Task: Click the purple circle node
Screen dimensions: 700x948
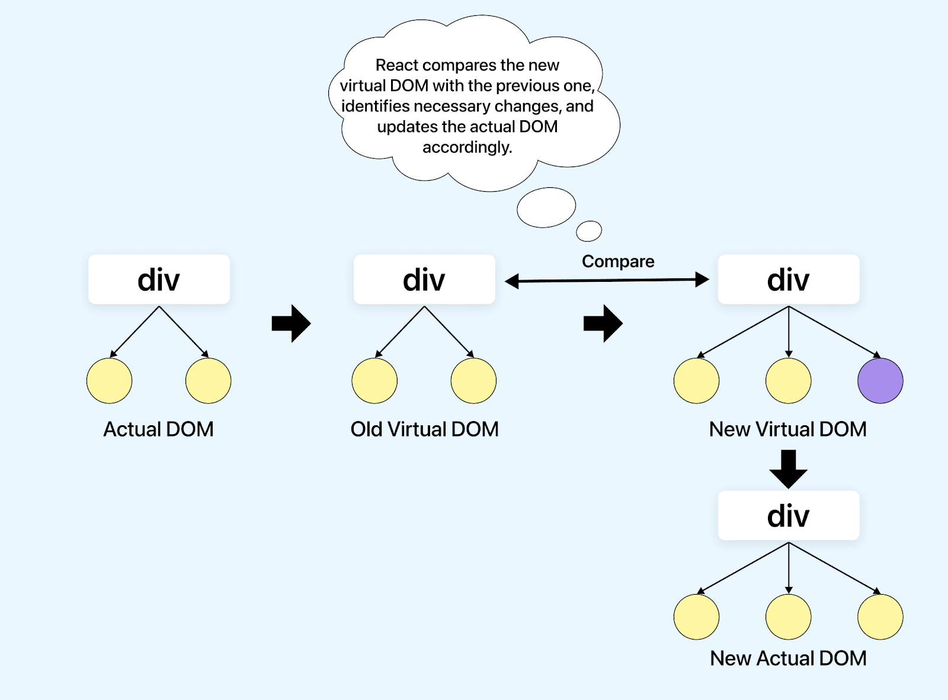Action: click(x=880, y=381)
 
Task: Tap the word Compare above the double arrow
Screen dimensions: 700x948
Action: click(x=618, y=261)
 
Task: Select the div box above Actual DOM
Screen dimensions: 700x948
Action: click(x=159, y=280)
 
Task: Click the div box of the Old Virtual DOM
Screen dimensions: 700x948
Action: click(x=424, y=280)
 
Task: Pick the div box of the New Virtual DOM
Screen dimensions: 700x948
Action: click(x=788, y=280)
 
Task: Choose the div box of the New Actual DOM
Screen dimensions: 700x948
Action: click(x=788, y=516)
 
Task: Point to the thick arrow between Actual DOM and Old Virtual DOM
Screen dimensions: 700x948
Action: click(x=292, y=323)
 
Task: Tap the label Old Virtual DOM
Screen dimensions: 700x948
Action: click(x=424, y=429)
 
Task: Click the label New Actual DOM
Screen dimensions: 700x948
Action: click(x=788, y=659)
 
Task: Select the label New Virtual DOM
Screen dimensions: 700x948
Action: click(x=788, y=429)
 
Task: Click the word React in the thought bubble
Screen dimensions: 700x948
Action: click(x=397, y=65)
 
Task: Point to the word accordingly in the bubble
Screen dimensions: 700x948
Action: click(x=467, y=147)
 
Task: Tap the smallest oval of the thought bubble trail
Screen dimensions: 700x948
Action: click(x=589, y=231)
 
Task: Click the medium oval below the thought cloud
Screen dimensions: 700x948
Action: click(x=546, y=207)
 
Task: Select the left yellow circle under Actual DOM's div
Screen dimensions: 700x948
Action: click(x=109, y=381)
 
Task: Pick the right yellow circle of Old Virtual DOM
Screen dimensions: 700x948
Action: click(x=473, y=381)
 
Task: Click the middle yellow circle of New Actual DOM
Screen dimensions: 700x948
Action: click(x=788, y=617)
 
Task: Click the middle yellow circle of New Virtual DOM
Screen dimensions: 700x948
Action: click(x=788, y=381)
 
